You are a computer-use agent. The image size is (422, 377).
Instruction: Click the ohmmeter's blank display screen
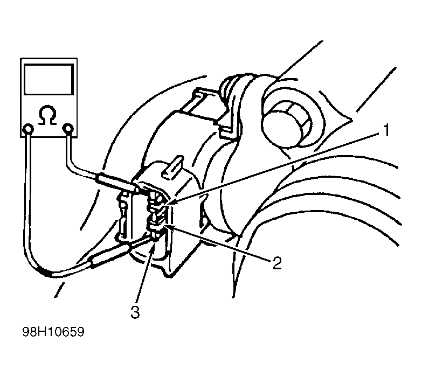49,79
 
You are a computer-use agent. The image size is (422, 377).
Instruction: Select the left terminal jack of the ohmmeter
28,129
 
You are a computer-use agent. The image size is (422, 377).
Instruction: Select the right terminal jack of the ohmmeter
68,129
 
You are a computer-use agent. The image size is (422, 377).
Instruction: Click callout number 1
386,130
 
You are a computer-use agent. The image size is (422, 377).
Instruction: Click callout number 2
277,263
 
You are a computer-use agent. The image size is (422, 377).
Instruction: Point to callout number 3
135,312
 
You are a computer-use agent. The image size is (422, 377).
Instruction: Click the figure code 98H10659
53,332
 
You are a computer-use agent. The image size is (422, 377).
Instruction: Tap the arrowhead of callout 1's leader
169,203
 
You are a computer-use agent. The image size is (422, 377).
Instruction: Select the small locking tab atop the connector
172,167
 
